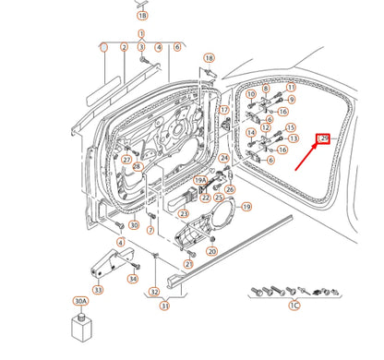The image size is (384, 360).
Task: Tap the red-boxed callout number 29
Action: coord(323,138)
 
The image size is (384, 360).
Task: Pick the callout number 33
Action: coord(98,288)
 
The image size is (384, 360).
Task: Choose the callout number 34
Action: coord(133,279)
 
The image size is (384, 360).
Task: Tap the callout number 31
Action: coord(165,306)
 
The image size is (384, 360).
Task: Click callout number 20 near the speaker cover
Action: coord(211,251)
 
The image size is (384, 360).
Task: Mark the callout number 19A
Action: coord(198,182)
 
